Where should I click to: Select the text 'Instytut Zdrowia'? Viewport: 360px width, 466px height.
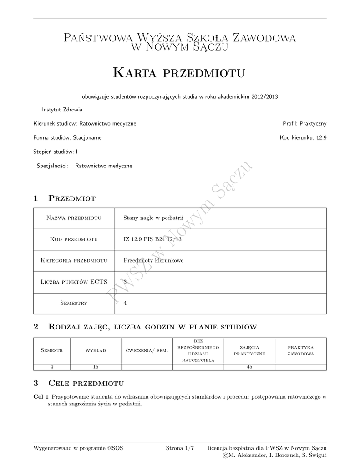(x=62, y=110)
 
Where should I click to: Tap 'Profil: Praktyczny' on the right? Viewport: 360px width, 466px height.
(x=304, y=123)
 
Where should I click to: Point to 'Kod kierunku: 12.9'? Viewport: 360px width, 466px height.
(x=303, y=137)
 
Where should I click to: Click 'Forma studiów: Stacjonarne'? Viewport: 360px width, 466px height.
(x=67, y=137)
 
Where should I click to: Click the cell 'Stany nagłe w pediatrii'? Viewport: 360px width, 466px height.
(x=153, y=218)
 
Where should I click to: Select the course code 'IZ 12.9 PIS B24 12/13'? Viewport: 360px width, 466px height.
(x=152, y=239)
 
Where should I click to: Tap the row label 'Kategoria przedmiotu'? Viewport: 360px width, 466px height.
(x=74, y=260)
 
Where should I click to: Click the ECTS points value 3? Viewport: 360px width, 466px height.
(x=125, y=282)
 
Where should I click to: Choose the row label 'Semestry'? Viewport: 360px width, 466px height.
(x=74, y=303)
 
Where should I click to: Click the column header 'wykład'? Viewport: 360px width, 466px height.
(x=96, y=350)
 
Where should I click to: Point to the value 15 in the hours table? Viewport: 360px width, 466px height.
(x=96, y=367)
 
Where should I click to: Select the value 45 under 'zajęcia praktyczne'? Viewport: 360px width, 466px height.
(x=249, y=367)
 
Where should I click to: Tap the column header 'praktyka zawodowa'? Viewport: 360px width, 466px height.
(x=300, y=350)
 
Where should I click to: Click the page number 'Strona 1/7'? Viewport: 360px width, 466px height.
(x=180, y=448)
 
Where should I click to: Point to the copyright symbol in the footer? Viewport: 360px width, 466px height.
(x=226, y=456)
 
